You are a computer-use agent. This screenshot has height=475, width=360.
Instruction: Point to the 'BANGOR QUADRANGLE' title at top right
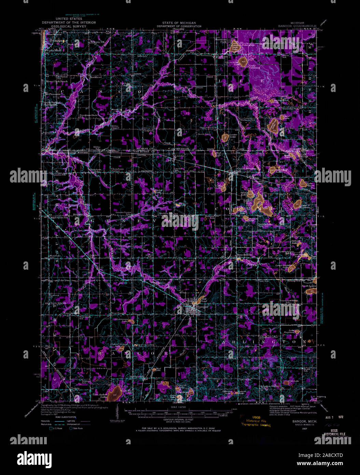point(297,26)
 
